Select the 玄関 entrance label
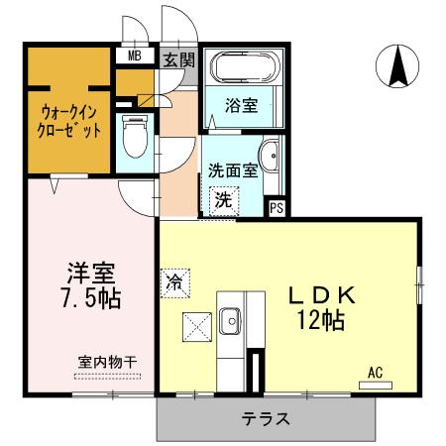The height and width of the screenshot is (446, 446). tap(178, 58)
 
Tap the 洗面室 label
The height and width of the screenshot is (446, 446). tap(233, 169)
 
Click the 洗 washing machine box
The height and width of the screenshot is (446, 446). tap(225, 199)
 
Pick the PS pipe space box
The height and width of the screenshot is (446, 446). tap(277, 207)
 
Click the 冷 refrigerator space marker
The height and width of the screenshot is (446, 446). tap(172, 280)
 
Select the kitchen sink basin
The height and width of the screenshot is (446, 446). tap(231, 321)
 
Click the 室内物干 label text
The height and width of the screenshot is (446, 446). tap(108, 363)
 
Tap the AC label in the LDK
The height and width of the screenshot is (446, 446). tap(375, 373)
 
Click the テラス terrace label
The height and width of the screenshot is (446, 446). tap(265, 418)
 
